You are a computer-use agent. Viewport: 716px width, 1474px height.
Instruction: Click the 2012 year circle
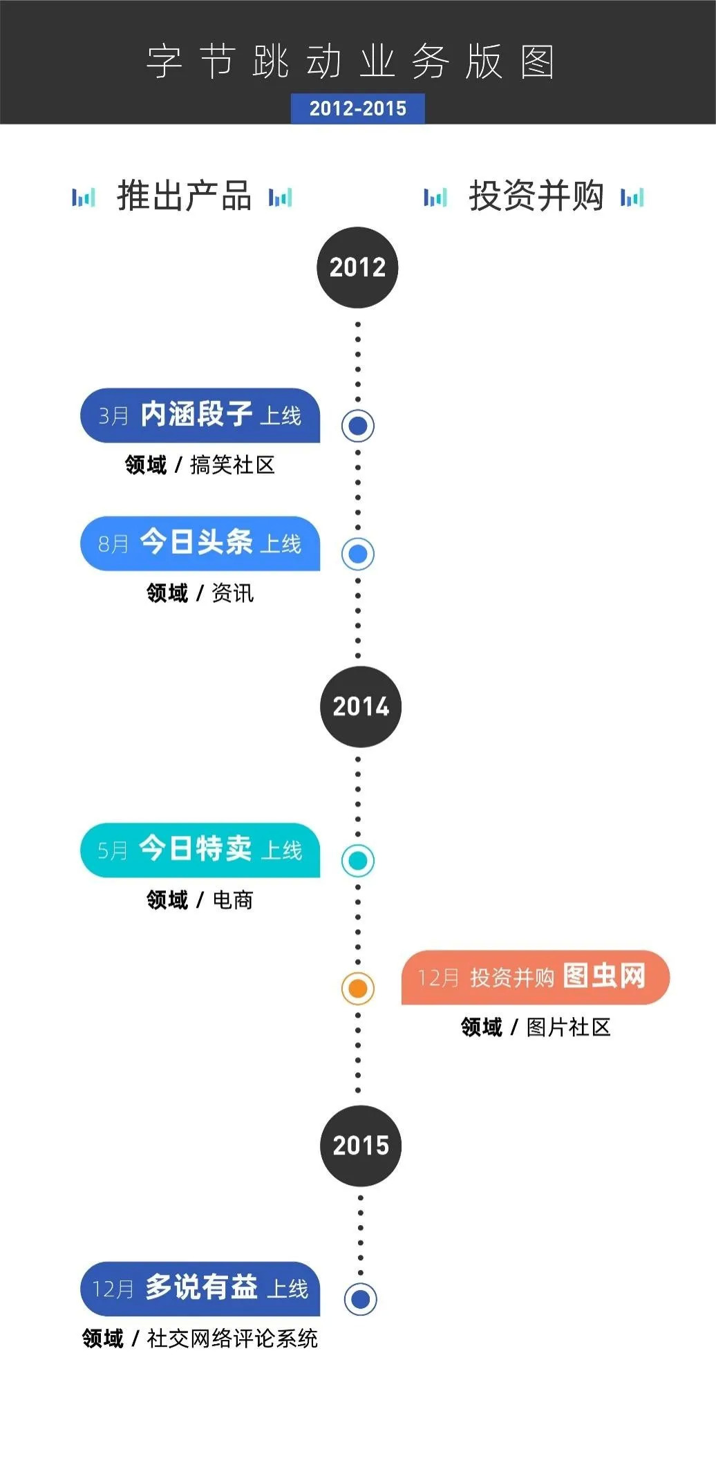click(357, 268)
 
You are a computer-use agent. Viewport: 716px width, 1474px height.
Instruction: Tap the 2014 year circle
click(360, 707)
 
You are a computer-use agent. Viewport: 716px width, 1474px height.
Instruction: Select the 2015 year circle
click(360, 1146)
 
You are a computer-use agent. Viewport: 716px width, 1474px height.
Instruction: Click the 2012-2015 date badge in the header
click(357, 109)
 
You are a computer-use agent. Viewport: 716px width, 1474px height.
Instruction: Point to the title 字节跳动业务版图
click(350, 62)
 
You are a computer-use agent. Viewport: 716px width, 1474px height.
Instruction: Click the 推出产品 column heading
click(184, 196)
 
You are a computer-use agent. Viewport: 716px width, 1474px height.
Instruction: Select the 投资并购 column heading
click(536, 196)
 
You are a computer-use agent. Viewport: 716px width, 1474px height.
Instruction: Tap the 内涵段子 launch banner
click(200, 416)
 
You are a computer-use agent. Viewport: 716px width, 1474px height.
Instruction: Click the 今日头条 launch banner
click(200, 543)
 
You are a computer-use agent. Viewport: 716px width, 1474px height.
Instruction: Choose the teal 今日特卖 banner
click(200, 850)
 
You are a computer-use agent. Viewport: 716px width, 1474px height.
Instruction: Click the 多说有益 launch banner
click(200, 1289)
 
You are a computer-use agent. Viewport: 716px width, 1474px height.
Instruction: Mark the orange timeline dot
click(358, 989)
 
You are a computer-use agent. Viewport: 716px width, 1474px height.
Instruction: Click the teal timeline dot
click(358, 861)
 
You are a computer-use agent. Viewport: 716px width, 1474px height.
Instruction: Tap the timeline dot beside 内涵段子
click(358, 426)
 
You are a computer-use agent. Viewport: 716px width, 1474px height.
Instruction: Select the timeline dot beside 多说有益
click(360, 1299)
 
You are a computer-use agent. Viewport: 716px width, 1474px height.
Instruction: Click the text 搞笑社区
click(232, 465)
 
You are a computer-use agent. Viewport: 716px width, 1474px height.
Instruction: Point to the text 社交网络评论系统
click(232, 1338)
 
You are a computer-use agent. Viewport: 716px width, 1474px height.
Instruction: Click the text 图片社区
click(568, 1027)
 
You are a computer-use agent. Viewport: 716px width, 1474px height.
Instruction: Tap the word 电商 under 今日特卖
click(233, 900)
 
